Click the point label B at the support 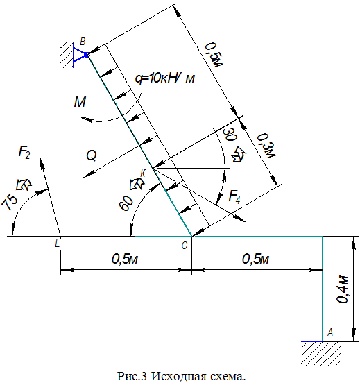tap(83, 42)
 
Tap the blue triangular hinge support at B tap(80, 55)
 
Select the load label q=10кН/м tap(165, 78)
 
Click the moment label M tap(80, 102)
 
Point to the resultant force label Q tap(92, 155)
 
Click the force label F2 tap(24, 153)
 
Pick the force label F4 tap(234, 196)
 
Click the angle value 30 tap(231, 134)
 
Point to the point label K tap(143, 173)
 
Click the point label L tap(57, 244)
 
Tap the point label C tap(185, 246)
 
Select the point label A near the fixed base tap(330, 332)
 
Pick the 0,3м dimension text tap(266, 146)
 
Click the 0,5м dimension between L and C tap(125, 259)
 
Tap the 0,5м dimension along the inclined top tap(214, 55)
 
